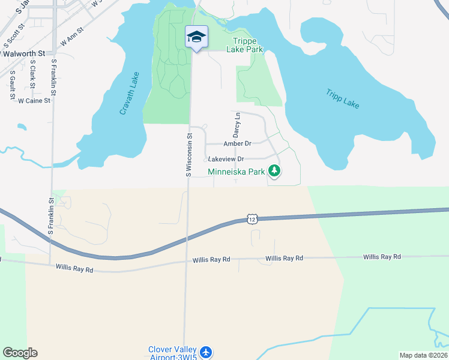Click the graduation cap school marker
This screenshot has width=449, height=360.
point(196,37)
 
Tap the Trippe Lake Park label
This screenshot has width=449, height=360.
point(245,46)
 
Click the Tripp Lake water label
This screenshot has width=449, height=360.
point(343,99)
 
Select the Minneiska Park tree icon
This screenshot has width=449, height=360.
point(274,172)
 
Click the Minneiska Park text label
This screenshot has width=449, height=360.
point(237,172)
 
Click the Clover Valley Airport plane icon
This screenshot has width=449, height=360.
point(206,352)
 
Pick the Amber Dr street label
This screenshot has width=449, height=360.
point(237,144)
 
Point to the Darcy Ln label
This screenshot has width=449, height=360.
point(237,122)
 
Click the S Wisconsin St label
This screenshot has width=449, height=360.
point(188,155)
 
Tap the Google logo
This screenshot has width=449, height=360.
point(20,353)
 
